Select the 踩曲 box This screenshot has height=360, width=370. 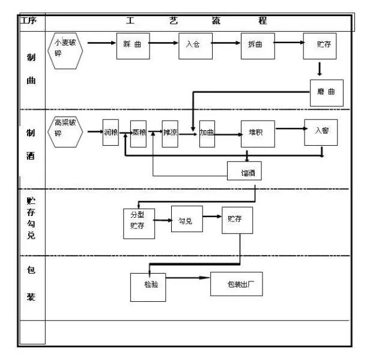(x=132, y=45)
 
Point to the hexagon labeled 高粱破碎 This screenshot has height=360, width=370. (x=65, y=131)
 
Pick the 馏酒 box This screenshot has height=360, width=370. (x=244, y=172)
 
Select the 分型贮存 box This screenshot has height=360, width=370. (x=138, y=222)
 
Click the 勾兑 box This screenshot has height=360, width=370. (x=186, y=221)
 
